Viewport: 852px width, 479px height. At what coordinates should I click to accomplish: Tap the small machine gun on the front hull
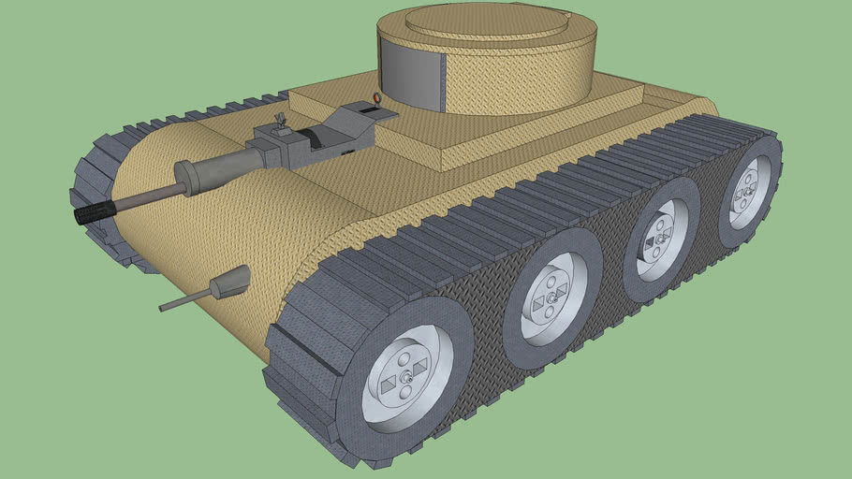tap(232, 282)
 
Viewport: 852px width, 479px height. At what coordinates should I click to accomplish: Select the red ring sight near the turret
tap(376, 98)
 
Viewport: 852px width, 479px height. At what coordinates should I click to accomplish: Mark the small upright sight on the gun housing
tap(279, 121)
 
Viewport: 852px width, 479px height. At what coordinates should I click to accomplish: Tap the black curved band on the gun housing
tap(323, 139)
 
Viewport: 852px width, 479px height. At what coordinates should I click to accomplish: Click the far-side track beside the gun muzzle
tap(94, 178)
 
